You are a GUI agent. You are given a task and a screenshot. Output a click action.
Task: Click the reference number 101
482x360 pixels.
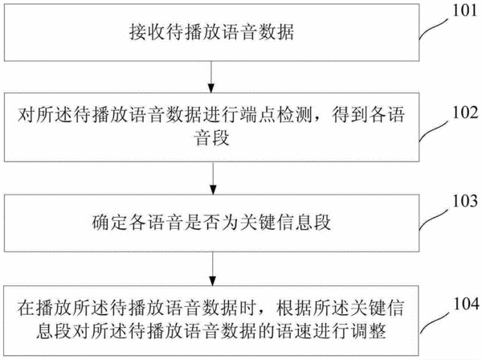[x=465, y=10]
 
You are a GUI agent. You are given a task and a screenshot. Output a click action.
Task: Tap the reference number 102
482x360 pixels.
[x=465, y=112]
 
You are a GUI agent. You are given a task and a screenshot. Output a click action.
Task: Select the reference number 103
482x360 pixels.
[x=465, y=201]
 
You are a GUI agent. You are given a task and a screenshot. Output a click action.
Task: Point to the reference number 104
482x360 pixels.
[x=466, y=304]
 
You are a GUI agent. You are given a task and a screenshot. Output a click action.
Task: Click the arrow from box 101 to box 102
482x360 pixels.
[x=210, y=77]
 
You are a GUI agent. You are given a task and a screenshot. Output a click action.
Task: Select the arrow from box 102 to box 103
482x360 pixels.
[x=213, y=178]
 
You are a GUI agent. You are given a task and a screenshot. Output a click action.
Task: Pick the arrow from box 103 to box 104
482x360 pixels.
[x=213, y=268]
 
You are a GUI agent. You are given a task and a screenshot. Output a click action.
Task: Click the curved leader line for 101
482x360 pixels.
[x=434, y=28]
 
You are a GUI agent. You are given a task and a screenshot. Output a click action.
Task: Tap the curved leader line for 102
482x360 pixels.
[x=434, y=131]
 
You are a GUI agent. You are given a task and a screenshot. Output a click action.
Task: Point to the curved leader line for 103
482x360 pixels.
[x=434, y=220]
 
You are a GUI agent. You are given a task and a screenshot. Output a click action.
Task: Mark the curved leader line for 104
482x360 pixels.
[x=435, y=323]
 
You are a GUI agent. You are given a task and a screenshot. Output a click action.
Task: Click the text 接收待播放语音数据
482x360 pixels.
[x=211, y=32]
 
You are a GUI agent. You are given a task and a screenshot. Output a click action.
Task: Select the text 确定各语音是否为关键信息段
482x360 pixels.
[x=211, y=223]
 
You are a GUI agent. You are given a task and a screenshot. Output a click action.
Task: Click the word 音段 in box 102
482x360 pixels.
[x=211, y=137]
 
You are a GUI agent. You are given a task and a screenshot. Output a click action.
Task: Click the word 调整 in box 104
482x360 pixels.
[x=368, y=331]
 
